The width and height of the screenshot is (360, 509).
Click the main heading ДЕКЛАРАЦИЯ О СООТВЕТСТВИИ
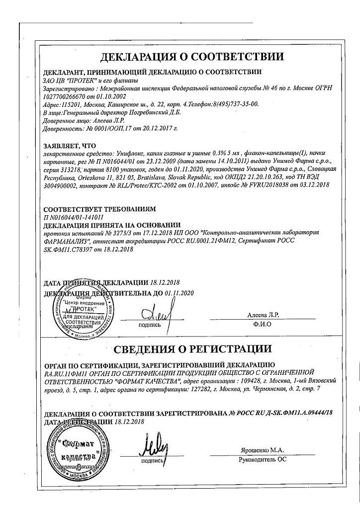coord(192,56)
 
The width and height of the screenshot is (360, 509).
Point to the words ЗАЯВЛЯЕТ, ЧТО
coord(68,146)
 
